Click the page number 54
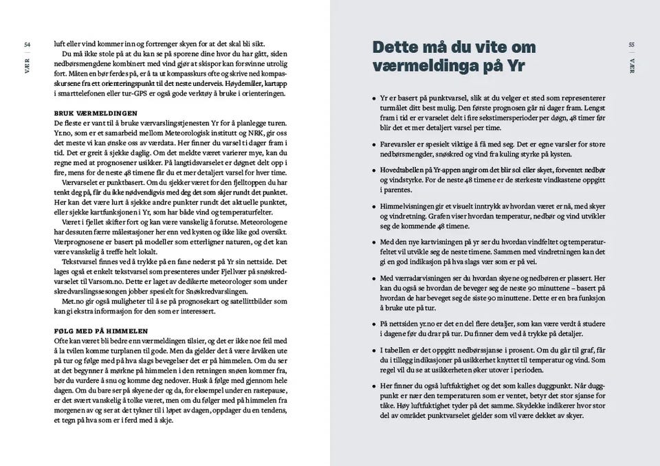tap(27, 45)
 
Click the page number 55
tap(631, 45)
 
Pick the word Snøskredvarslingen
tap(226, 293)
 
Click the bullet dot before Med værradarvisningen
tap(373, 278)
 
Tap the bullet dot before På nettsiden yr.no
tap(373, 323)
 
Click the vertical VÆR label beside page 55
tap(631, 65)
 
